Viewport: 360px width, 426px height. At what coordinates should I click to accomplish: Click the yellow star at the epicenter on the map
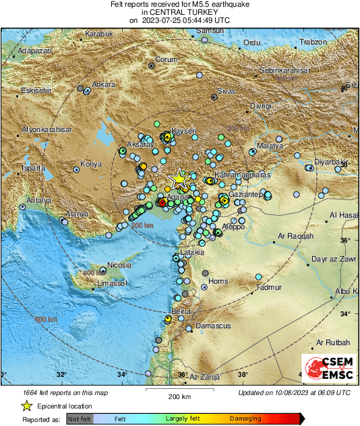[x=179, y=179]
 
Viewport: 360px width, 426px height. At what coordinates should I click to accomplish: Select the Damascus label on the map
[x=213, y=326]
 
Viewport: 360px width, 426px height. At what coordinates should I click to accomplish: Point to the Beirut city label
[x=181, y=312]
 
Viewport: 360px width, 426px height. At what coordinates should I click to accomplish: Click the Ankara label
[x=104, y=85]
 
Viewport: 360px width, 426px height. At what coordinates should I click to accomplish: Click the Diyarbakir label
[x=330, y=163]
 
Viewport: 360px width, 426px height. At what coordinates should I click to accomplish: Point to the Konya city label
[x=91, y=164]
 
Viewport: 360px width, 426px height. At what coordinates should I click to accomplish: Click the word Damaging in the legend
[x=245, y=419]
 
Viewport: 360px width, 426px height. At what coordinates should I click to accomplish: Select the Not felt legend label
[x=79, y=419]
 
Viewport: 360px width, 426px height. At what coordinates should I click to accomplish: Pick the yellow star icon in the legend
[x=26, y=406]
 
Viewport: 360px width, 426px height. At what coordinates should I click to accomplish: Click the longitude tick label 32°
[x=61, y=375]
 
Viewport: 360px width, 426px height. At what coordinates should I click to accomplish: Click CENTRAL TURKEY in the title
[x=179, y=12]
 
